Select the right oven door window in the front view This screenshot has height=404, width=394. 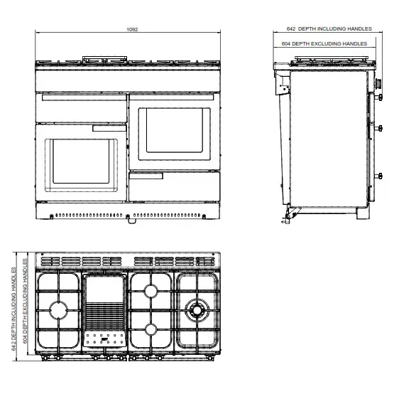point(173,133)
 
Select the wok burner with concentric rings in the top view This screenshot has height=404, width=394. point(195,310)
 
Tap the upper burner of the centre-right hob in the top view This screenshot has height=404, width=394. point(151,291)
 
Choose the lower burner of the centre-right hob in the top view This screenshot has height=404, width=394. point(151,329)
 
